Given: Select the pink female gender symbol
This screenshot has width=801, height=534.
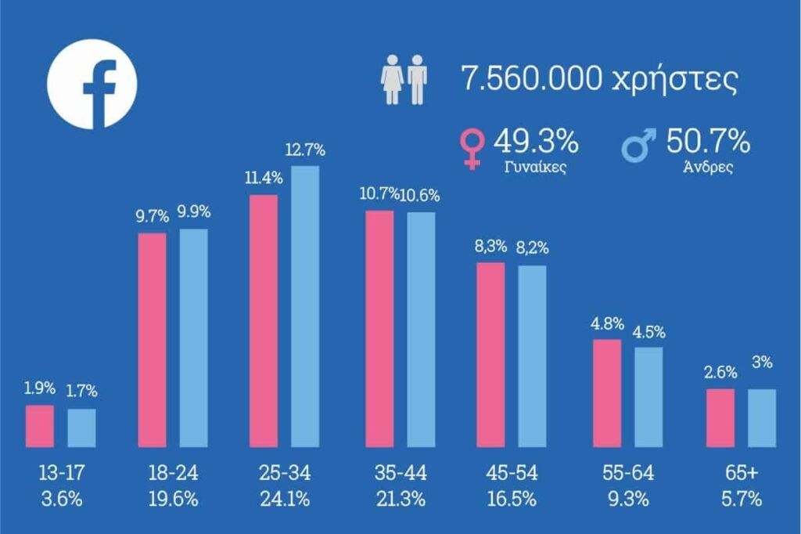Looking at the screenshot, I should [472, 148].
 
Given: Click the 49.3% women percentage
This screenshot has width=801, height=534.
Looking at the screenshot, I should [536, 142].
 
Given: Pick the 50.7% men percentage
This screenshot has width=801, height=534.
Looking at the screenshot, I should [709, 142].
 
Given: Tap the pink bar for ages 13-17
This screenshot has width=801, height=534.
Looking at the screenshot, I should [40, 425].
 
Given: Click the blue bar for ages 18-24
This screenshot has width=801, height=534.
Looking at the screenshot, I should [193, 337].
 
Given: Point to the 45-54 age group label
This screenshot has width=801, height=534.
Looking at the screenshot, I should [511, 473].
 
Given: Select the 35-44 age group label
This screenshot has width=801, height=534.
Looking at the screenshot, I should [400, 473].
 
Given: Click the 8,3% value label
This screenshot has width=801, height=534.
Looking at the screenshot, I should [491, 248].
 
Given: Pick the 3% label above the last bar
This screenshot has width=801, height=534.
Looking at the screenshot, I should [762, 363].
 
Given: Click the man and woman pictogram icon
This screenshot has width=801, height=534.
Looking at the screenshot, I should [404, 80].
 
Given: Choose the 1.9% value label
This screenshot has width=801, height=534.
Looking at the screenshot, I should [40, 388].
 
